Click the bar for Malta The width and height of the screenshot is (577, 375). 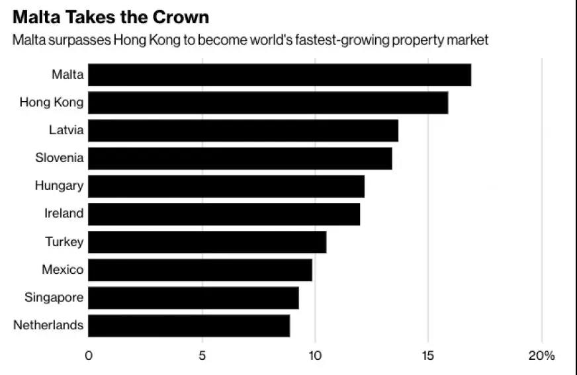(279, 75)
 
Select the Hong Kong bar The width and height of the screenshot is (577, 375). (268, 103)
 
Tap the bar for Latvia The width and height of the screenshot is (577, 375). (243, 130)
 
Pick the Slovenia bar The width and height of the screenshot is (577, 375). (240, 158)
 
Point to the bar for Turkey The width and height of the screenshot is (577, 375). (207, 242)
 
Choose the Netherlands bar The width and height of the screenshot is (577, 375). (189, 325)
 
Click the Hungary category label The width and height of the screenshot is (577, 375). (60, 186)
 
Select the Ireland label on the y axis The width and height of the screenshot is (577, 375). (64, 214)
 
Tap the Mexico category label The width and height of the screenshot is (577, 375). (63, 269)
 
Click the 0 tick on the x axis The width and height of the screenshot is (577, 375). (89, 355)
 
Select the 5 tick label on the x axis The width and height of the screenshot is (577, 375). (202, 355)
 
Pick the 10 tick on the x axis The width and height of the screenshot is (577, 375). (315, 355)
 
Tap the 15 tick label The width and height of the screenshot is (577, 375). (429, 355)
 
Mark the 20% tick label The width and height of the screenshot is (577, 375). (541, 355)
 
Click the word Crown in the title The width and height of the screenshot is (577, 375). (178, 16)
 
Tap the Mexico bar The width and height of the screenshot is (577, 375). (200, 270)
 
